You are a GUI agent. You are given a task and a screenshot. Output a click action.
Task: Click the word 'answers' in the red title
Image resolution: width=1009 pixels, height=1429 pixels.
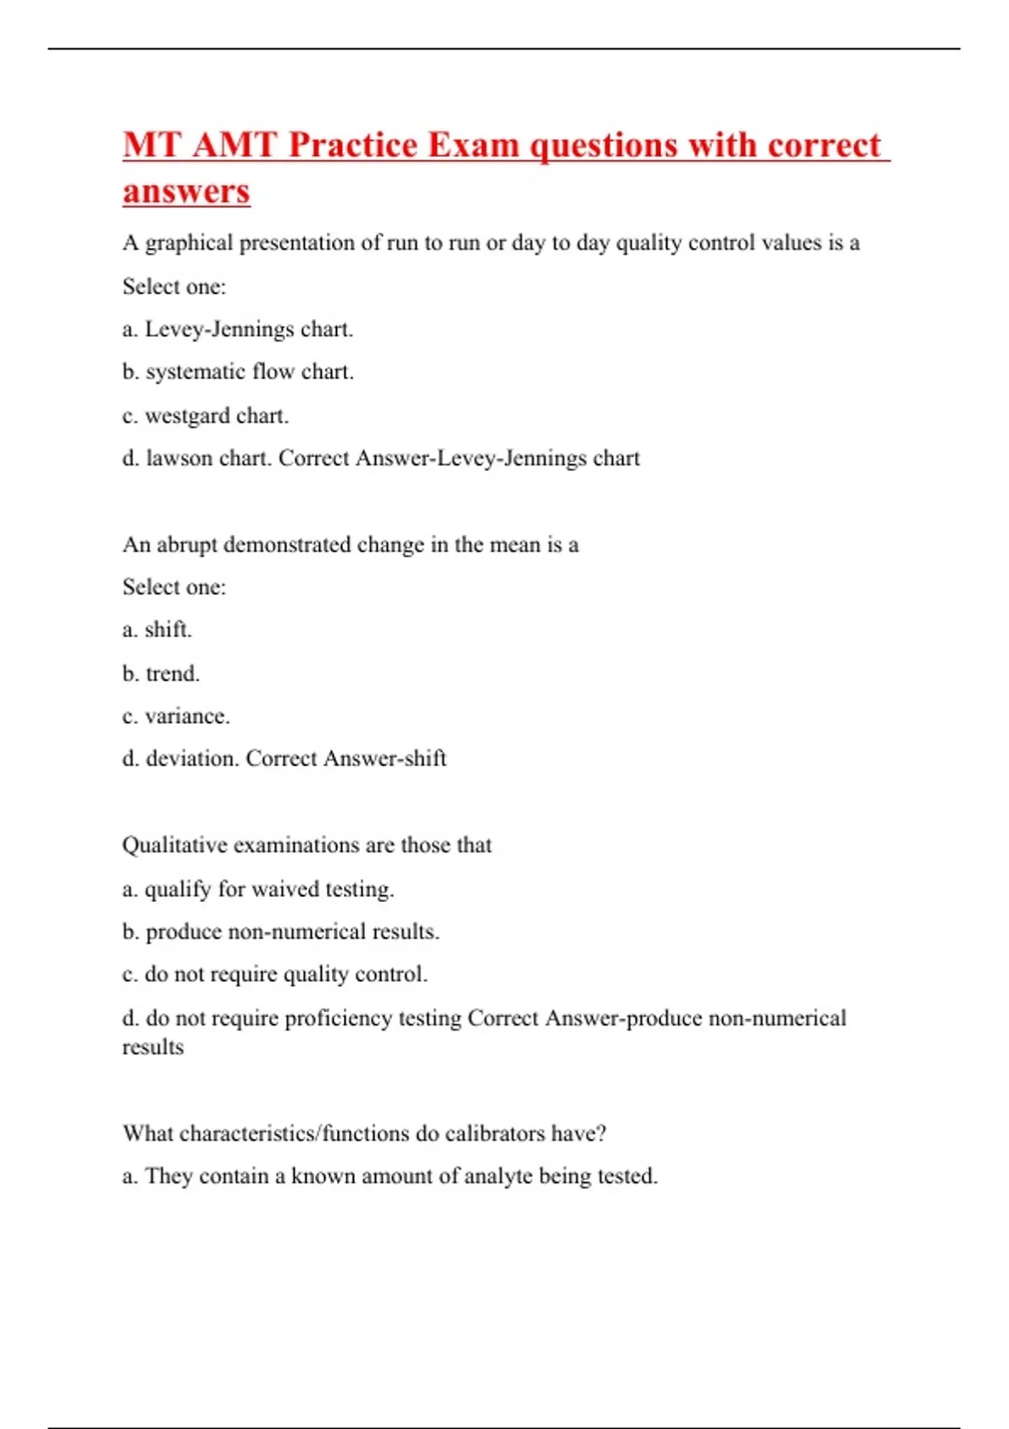(186, 191)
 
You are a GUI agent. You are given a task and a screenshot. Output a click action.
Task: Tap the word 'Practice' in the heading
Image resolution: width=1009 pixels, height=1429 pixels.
(352, 145)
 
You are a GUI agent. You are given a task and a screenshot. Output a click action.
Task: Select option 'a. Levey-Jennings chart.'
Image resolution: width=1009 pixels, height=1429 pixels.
(237, 329)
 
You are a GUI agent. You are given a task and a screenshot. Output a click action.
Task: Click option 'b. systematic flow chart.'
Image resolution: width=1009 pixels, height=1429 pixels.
(238, 372)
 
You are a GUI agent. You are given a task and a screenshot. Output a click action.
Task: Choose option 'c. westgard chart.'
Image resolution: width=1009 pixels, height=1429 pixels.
(205, 415)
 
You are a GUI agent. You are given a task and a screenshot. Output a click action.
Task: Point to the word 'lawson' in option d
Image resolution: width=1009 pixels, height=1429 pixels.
(179, 458)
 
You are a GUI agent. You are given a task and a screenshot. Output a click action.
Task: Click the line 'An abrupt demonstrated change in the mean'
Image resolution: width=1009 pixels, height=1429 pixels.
(350, 545)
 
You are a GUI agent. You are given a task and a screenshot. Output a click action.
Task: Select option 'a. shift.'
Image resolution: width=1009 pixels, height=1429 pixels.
(157, 630)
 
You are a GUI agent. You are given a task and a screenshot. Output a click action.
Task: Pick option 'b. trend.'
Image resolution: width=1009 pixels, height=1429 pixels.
(161, 673)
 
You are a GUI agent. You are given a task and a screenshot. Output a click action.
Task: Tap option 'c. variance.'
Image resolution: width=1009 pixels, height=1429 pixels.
(176, 716)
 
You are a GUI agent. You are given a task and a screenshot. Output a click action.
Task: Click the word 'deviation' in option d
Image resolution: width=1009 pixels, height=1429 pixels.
(193, 758)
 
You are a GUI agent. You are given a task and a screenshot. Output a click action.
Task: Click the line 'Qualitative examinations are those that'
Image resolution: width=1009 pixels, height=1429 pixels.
(307, 845)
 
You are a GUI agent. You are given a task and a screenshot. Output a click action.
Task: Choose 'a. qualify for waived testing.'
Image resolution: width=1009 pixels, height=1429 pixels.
(258, 889)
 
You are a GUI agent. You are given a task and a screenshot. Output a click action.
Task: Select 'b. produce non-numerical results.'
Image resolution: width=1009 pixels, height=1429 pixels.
(281, 931)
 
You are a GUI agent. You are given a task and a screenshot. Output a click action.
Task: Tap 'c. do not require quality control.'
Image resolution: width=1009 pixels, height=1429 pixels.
(275, 974)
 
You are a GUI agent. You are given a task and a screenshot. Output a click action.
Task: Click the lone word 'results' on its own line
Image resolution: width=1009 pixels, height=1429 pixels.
(153, 1047)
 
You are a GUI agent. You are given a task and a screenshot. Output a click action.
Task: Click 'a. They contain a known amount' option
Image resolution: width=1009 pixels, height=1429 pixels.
(389, 1176)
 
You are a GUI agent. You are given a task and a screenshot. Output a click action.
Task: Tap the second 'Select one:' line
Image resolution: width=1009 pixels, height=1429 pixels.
(174, 587)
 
